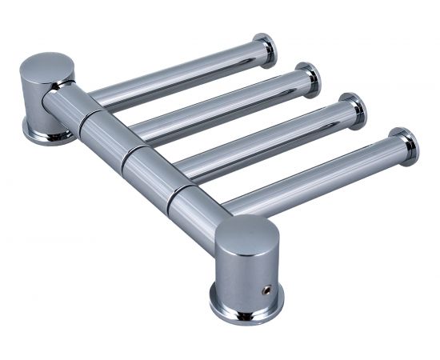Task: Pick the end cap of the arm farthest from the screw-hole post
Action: (x=265, y=50)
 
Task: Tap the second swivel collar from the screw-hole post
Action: (x=154, y=171)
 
